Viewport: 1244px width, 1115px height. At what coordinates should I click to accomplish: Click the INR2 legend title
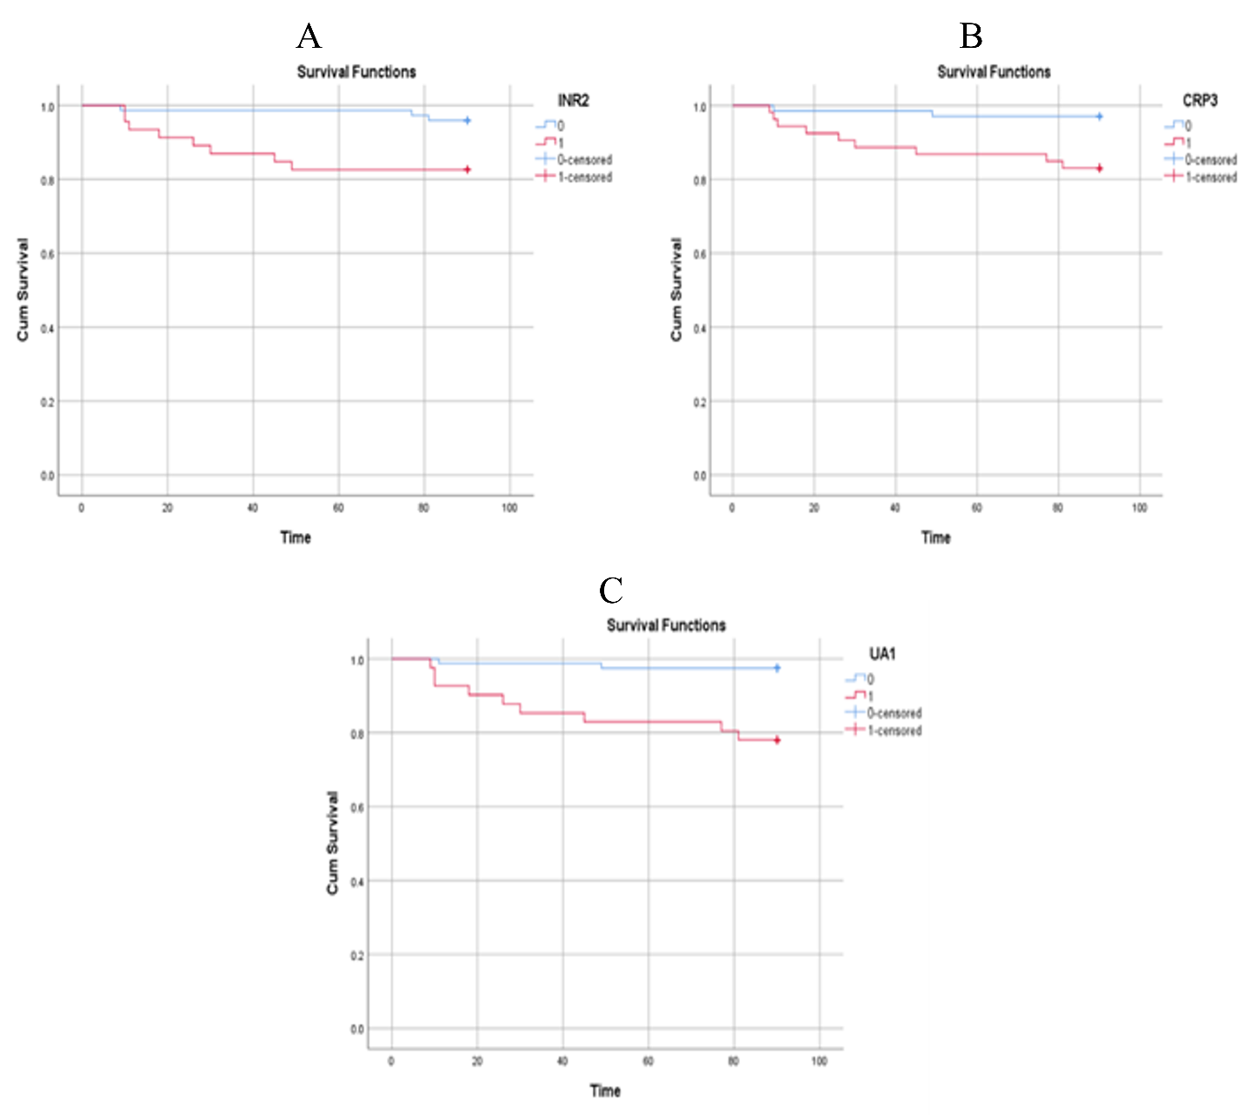[x=573, y=101]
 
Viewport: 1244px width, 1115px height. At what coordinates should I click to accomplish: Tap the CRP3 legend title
[x=1200, y=101]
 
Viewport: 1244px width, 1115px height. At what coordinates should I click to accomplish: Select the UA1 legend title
[x=882, y=654]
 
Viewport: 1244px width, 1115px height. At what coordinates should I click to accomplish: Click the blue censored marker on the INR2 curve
[x=468, y=121]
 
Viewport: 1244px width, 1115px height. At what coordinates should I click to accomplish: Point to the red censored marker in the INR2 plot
[x=468, y=170]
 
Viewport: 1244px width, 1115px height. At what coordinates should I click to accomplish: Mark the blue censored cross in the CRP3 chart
[x=1100, y=117]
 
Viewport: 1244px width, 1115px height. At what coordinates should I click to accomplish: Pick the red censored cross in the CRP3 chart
[x=1100, y=168]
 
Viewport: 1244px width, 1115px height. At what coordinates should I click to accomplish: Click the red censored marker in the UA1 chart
[x=777, y=740]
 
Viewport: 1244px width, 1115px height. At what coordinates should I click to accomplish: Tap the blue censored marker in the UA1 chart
[x=777, y=668]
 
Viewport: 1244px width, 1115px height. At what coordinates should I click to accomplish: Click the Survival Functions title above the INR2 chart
[x=356, y=72]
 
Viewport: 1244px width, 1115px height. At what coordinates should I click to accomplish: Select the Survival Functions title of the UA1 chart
[x=666, y=625]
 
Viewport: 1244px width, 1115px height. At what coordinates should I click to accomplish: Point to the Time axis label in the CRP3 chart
[x=935, y=537]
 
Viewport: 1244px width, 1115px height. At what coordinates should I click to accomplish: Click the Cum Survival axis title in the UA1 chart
[x=333, y=843]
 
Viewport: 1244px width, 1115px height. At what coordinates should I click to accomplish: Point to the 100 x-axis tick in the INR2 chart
[x=509, y=508]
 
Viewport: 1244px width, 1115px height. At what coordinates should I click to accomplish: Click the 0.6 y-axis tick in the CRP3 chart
[x=700, y=254]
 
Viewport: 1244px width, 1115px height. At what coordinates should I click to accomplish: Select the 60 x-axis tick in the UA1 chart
[x=648, y=1061]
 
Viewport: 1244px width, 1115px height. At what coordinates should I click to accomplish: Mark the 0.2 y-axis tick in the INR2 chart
[x=47, y=402]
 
